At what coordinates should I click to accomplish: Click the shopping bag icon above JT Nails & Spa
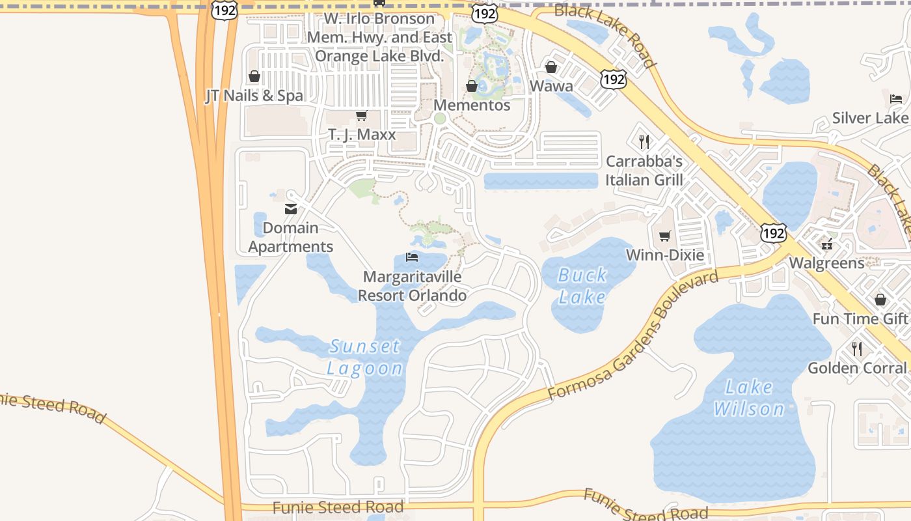(254, 77)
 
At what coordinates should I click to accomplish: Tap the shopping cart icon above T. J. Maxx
(361, 116)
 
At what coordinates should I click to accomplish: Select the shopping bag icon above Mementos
(472, 86)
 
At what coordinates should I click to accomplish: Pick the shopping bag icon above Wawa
(551, 67)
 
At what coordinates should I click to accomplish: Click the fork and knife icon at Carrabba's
(644, 142)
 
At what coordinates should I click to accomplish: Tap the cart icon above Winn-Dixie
(664, 236)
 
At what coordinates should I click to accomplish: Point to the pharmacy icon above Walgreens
(827, 245)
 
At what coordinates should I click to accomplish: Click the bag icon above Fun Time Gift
(880, 300)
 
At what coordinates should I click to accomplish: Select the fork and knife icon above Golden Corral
(857, 348)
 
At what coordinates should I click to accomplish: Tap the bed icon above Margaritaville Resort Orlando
(412, 257)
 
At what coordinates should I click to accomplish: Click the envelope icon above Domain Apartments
(290, 209)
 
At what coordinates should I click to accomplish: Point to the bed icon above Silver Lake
(896, 99)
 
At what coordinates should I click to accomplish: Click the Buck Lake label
(582, 286)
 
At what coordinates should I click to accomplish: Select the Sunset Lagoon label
(364, 357)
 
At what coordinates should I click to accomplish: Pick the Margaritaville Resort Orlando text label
(412, 286)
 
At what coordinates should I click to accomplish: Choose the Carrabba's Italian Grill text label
(644, 171)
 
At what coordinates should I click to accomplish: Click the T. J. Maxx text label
(361, 135)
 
